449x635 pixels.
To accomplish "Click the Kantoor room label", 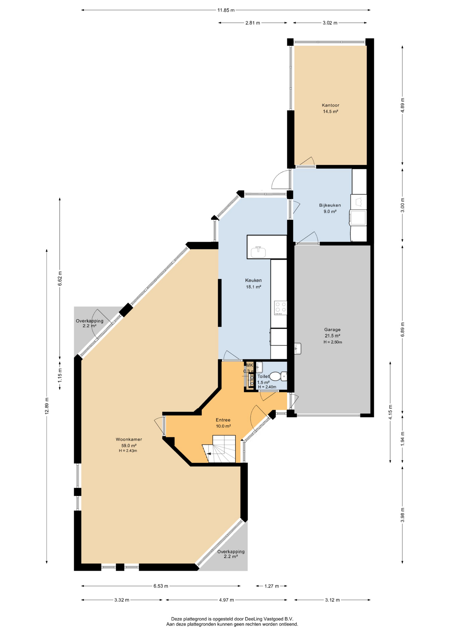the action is click(x=330, y=105).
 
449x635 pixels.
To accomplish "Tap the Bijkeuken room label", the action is click(x=330, y=205).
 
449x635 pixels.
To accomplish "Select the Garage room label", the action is click(x=332, y=329).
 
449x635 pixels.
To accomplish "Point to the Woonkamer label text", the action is click(x=129, y=439).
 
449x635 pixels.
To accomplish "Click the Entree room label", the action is click(x=223, y=420).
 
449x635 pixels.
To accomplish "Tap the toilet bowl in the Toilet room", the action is click(x=278, y=376).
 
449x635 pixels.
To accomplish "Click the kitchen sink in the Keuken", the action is click(x=258, y=252).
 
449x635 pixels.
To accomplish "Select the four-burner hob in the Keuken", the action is click(x=280, y=308).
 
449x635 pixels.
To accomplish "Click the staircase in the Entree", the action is click(x=220, y=449).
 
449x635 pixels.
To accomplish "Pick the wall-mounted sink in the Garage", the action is click(x=298, y=348).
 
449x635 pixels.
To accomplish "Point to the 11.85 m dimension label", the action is click(x=226, y=10).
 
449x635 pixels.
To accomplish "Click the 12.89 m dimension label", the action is click(x=47, y=405).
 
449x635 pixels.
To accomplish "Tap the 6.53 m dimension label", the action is click(x=161, y=586).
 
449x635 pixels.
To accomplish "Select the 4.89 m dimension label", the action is click(x=402, y=106).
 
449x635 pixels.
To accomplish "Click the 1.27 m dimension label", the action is click(x=271, y=586).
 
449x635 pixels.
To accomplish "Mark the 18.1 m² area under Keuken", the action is click(x=254, y=287).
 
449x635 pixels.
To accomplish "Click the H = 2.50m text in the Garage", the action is click(x=333, y=342).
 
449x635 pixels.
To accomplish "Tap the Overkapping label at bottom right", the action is click(x=231, y=552).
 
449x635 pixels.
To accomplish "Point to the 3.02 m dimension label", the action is click(x=330, y=23).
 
